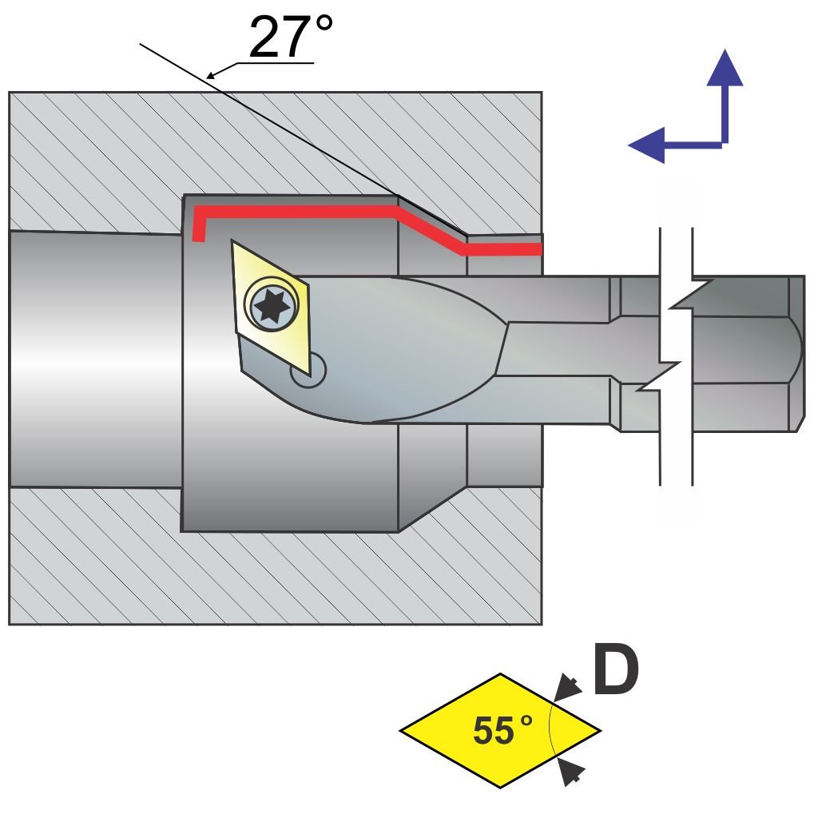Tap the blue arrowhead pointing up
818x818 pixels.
(x=725, y=68)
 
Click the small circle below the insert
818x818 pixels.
(x=308, y=370)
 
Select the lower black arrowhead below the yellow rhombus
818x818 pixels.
(x=570, y=771)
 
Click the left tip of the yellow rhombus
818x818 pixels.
(x=403, y=729)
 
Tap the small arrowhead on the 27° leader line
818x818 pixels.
(x=212, y=75)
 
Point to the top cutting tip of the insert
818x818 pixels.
(x=232, y=241)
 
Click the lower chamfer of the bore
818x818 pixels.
(x=431, y=508)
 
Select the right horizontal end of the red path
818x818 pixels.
(x=527, y=250)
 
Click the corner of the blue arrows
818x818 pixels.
(x=725, y=145)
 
